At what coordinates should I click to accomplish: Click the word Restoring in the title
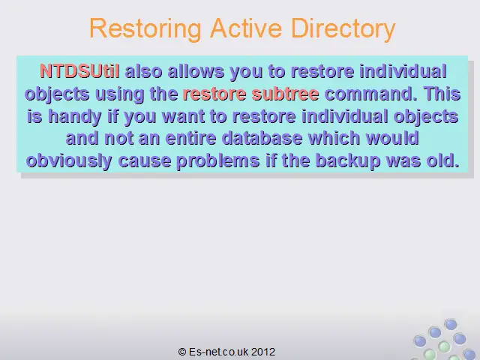coord(145,29)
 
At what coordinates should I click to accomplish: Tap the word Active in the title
coord(246,28)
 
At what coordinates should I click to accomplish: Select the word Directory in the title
coord(343,29)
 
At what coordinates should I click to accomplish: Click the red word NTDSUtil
coord(79,71)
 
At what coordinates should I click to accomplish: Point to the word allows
coord(196,71)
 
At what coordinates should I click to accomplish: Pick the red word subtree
coord(285,94)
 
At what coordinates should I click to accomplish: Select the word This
coord(442,94)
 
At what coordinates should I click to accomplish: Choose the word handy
coord(75,117)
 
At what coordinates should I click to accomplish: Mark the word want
coord(183,117)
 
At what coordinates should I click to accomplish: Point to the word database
coord(262,138)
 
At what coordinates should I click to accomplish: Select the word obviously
coord(69,161)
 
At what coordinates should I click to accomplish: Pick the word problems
coord(218,161)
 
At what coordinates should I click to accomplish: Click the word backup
coord(348,161)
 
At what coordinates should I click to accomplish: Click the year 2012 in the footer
coord(263,352)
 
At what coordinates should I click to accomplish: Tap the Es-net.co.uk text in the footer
coord(218,352)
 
